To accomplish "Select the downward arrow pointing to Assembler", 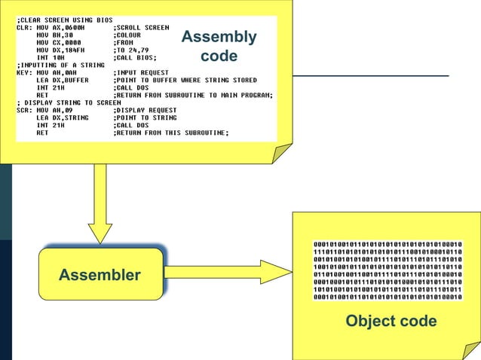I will click(100, 203).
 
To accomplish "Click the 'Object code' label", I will click(391, 322).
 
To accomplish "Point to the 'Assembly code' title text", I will click(219, 46).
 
